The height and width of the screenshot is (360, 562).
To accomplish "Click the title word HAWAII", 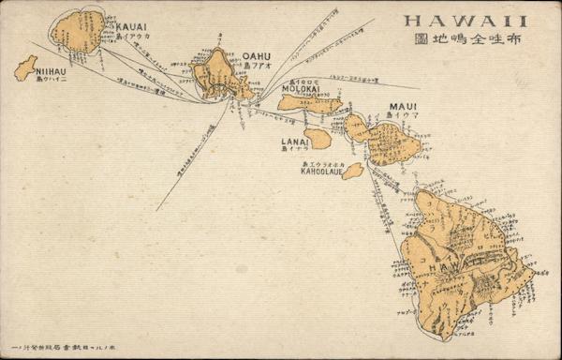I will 465,21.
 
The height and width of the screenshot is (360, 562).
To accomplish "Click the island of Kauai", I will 78,31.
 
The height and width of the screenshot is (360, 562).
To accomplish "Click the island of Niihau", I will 25,67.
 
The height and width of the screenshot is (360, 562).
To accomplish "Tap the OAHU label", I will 256,56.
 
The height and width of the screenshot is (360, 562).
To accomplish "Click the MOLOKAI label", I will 302,90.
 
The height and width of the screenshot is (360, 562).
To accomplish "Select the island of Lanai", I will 318,139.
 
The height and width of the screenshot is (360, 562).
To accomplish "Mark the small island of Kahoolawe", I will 352,171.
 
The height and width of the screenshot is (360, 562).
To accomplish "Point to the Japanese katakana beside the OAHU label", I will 257,67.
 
